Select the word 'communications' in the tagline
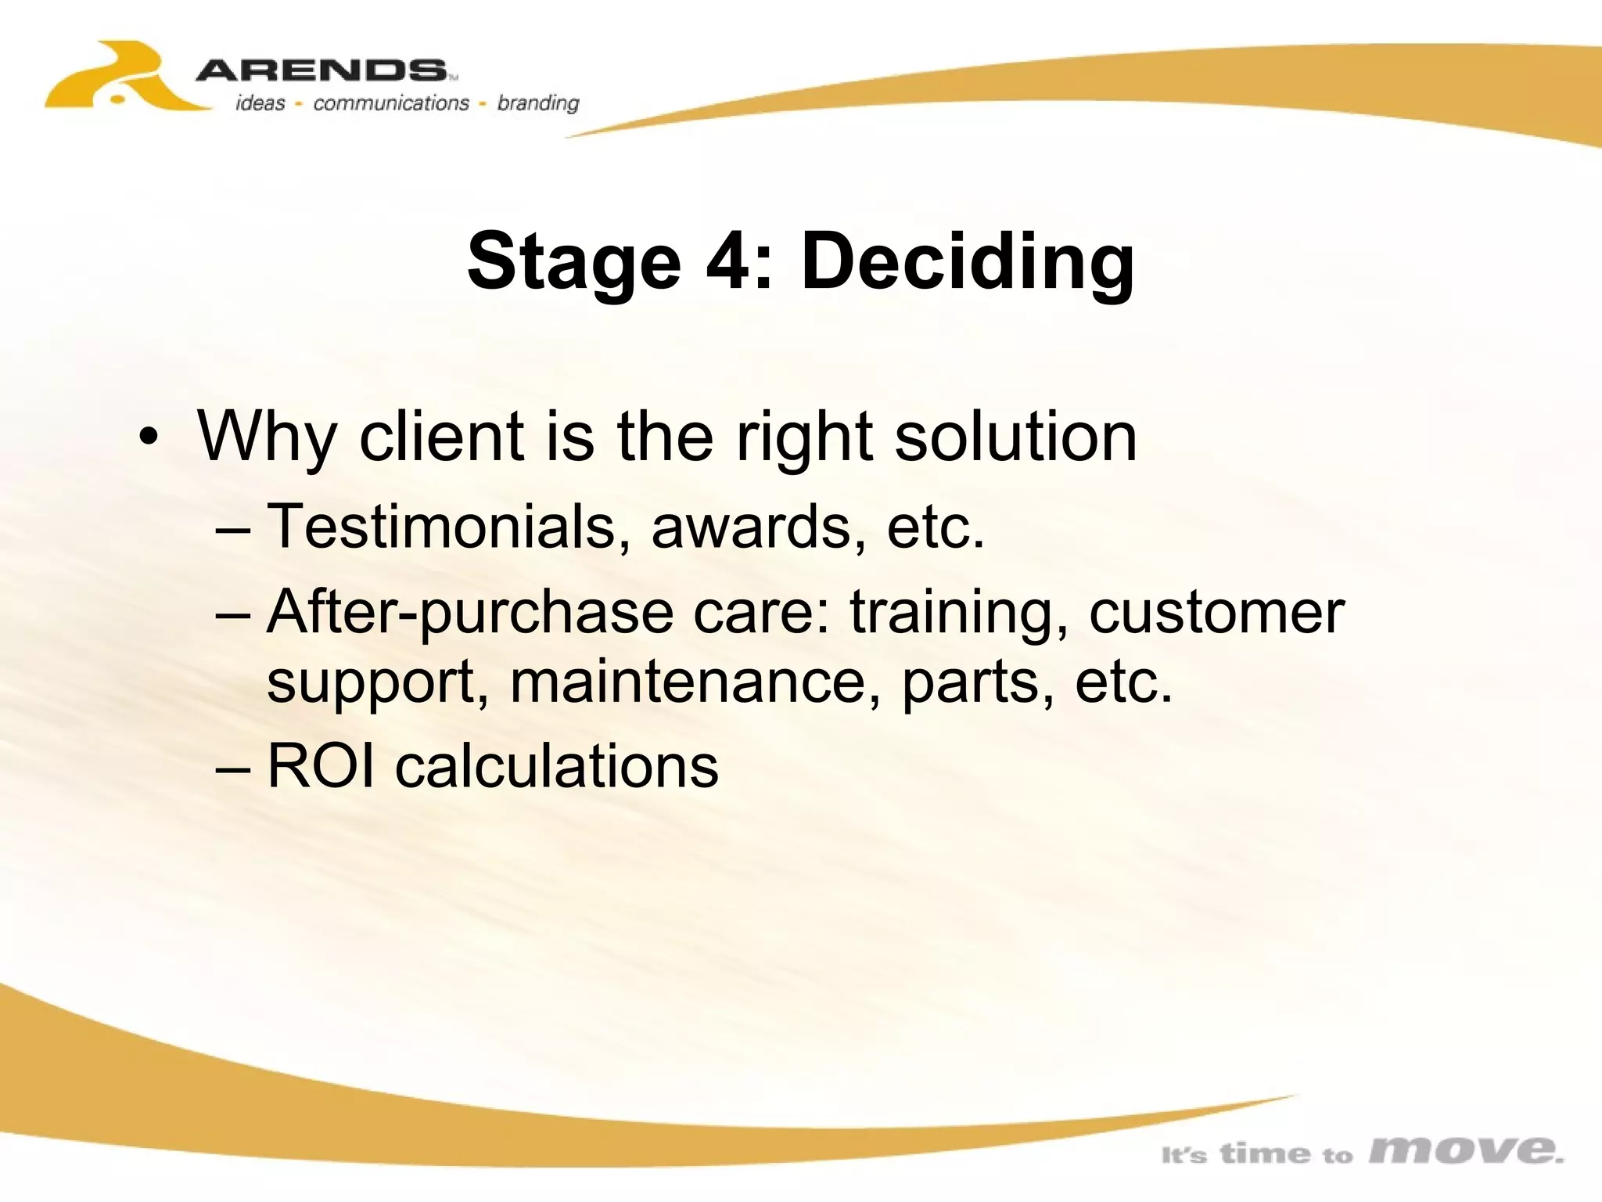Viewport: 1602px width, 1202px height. pyautogui.click(x=390, y=103)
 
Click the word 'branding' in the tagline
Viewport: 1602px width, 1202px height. pyautogui.click(x=538, y=103)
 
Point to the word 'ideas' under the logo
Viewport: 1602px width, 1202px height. pyautogui.click(x=260, y=103)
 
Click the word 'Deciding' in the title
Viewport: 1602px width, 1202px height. pyautogui.click(x=967, y=262)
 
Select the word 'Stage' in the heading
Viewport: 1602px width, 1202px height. pyautogui.click(x=574, y=262)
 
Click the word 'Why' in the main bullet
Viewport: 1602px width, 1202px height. pyautogui.click(x=267, y=438)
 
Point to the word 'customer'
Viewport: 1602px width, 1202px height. pyautogui.click(x=1216, y=612)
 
